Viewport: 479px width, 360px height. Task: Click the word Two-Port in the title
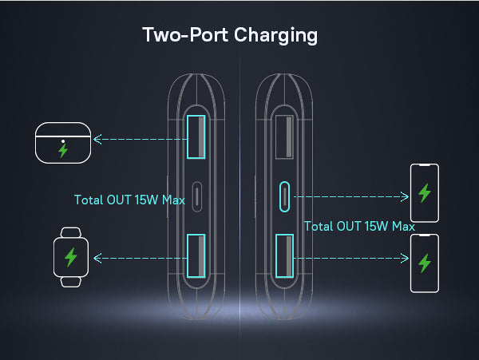[x=183, y=36]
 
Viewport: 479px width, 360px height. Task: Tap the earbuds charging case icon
[x=63, y=141]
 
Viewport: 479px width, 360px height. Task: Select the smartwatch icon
[x=70, y=257]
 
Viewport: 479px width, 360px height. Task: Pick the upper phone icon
[x=424, y=192]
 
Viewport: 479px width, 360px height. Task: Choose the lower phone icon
[x=424, y=263]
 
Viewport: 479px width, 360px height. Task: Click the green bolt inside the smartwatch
[x=70, y=257]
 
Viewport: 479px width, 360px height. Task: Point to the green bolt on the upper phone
[x=424, y=193]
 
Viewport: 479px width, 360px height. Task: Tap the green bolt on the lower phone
[x=424, y=263]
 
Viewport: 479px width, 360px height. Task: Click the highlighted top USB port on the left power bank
[x=196, y=137]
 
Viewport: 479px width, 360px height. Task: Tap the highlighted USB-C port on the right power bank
[x=284, y=196]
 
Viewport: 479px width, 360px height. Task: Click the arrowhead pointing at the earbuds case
[x=97, y=139]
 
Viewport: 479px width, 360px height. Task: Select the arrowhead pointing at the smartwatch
[x=97, y=258]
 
